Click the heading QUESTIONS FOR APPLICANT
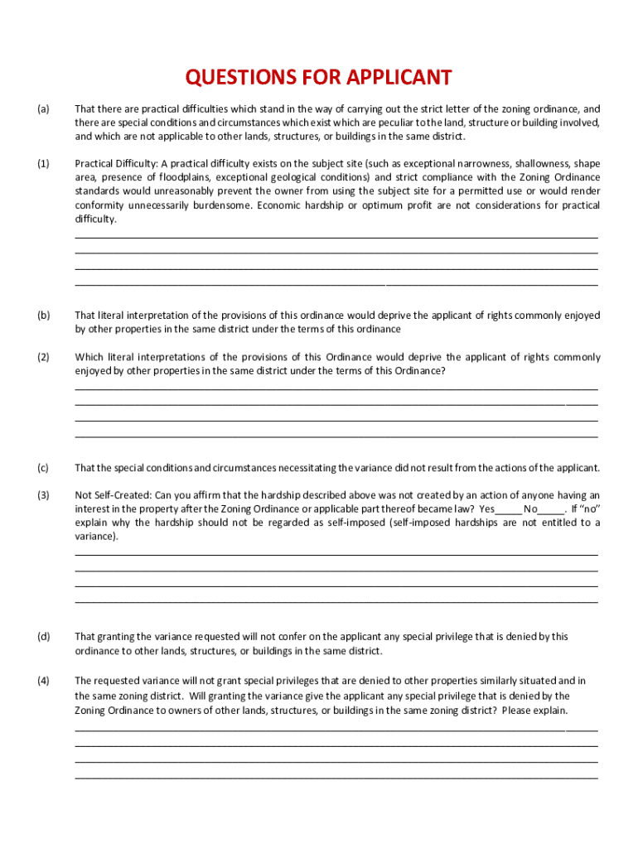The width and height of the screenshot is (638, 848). point(319,78)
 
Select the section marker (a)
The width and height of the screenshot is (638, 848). point(43,108)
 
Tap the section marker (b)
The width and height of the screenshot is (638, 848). point(43,316)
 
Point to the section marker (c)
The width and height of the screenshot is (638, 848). point(43,468)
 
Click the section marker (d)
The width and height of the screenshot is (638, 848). point(43,637)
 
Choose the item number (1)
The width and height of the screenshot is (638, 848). point(43,163)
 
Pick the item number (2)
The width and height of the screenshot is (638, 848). point(43,357)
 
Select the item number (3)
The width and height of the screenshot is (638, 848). point(43,494)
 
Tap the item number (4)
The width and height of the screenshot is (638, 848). point(43,681)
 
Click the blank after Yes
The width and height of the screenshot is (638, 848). point(509,509)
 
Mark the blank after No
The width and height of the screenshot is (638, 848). point(551,509)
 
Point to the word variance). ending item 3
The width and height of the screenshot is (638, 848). point(96,537)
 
